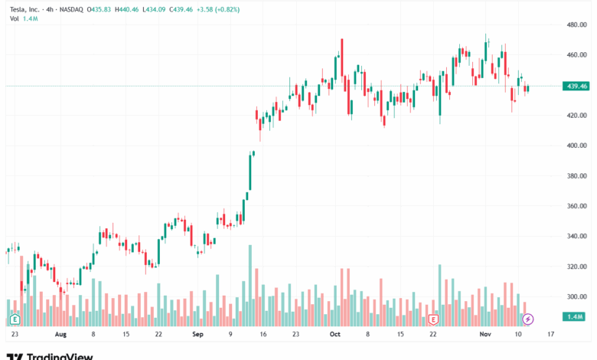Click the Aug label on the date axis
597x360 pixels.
tap(60, 335)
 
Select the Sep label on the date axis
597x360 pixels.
tap(197, 335)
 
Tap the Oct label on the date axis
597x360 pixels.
tap(334, 335)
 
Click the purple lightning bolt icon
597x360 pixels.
tap(527, 319)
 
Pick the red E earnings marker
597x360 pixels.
tap(434, 319)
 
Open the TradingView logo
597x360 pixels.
tap(50, 355)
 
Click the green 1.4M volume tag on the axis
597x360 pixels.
tap(573, 316)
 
